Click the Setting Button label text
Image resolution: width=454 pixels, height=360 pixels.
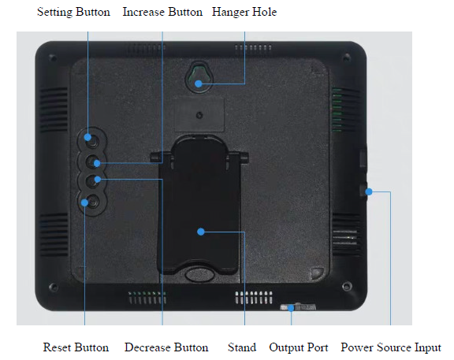[x=73, y=12]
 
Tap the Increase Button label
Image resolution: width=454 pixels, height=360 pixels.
[x=162, y=12]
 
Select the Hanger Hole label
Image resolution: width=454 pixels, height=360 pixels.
[x=244, y=12]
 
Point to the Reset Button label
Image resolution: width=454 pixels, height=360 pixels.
[x=76, y=347]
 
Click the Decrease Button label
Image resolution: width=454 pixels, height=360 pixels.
[x=166, y=347]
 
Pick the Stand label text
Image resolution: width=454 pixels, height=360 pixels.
[x=242, y=347]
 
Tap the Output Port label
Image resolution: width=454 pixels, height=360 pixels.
[x=298, y=347]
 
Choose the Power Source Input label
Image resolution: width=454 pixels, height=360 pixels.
[x=391, y=347]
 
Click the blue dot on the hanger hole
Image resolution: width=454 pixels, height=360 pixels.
[x=199, y=84]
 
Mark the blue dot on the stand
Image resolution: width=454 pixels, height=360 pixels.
[x=201, y=232]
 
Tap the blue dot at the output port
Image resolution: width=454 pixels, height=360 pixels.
[x=291, y=308]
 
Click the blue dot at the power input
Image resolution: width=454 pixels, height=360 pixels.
[x=369, y=191]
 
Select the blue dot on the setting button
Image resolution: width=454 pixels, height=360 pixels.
[x=87, y=137]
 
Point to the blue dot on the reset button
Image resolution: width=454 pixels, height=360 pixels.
[x=84, y=202]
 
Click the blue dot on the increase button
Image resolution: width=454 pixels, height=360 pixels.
[x=97, y=164]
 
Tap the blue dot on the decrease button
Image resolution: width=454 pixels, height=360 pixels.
[x=98, y=180]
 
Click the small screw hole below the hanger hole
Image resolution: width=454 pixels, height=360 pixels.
[x=199, y=116]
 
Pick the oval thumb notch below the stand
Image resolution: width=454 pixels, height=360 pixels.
[x=199, y=274]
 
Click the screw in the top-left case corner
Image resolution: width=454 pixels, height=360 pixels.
[x=53, y=58]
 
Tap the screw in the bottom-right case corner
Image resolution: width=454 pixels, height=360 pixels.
[x=347, y=287]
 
